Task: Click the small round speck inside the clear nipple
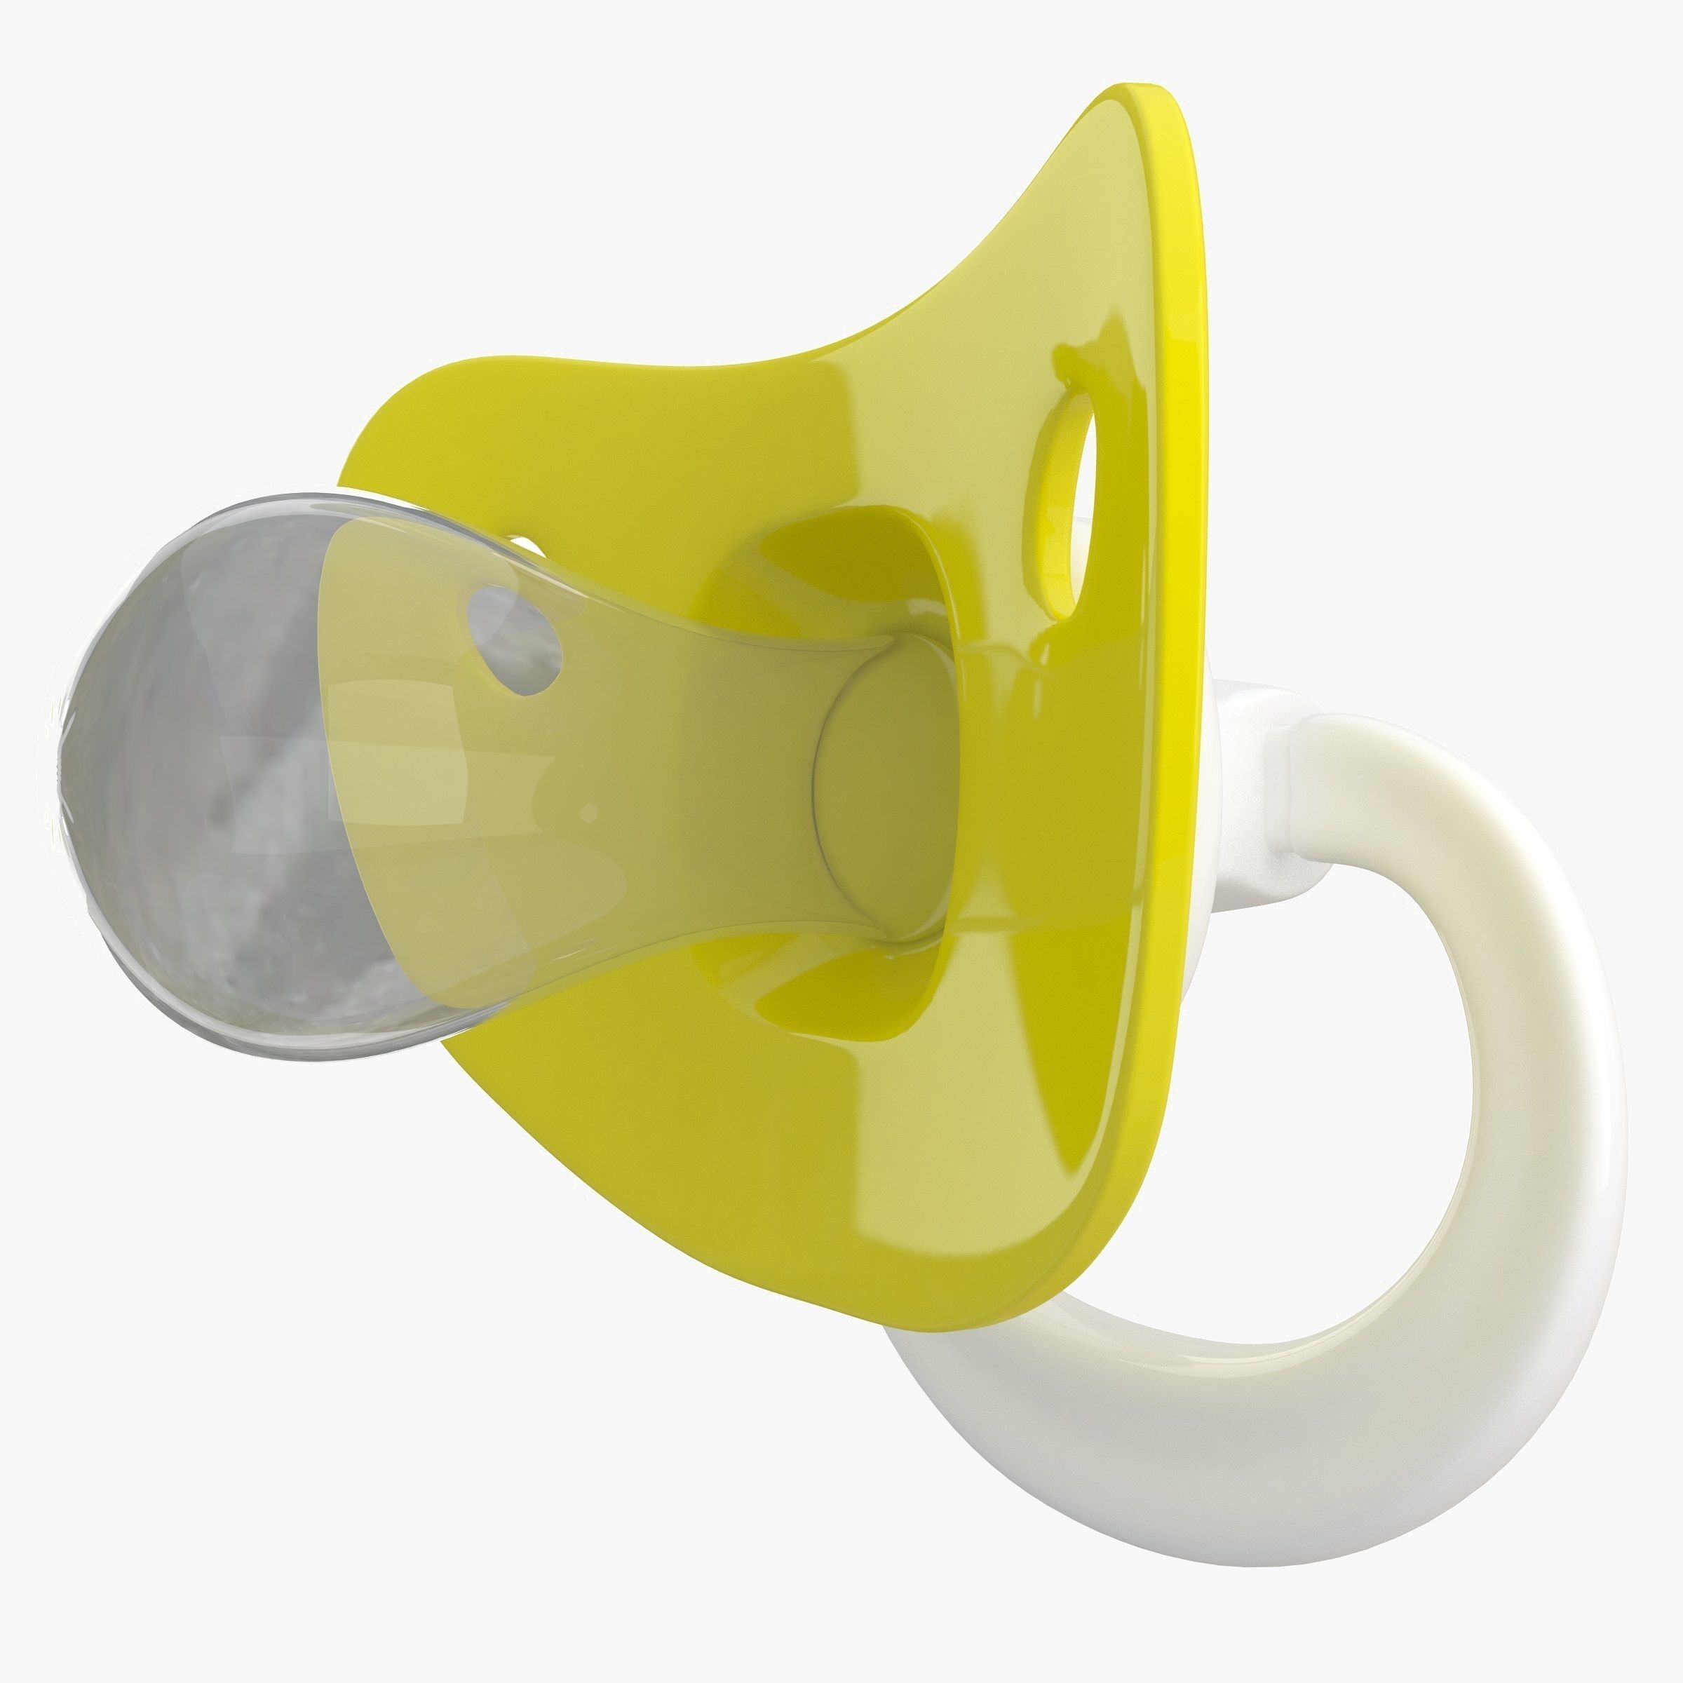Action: click(589, 813)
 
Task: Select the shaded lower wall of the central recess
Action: click(837, 1002)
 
